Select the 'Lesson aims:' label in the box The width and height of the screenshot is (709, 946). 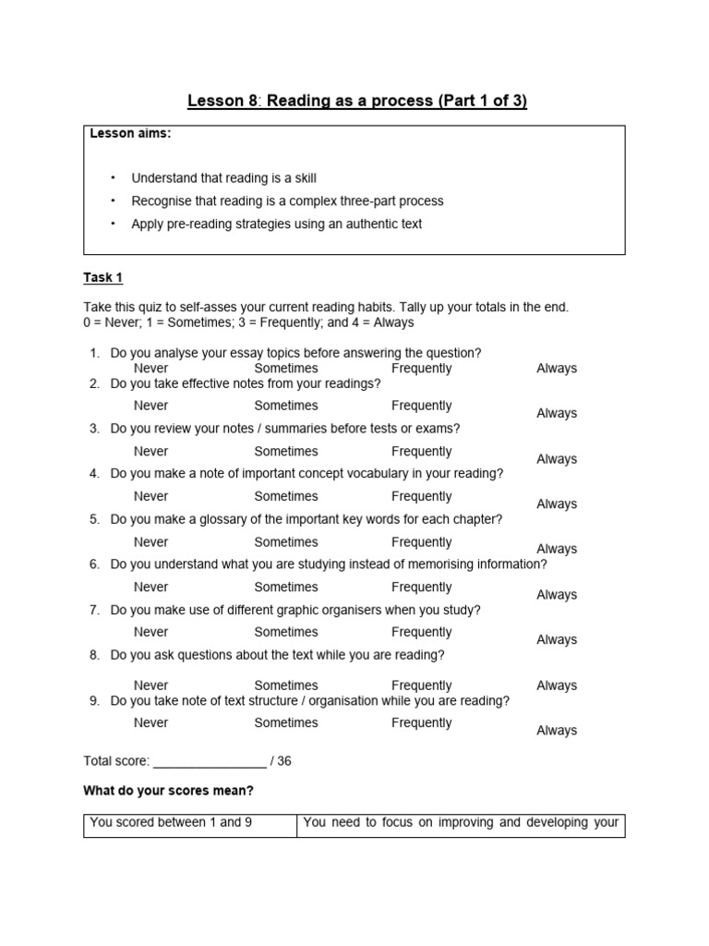click(x=130, y=134)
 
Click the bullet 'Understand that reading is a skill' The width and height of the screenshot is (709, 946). click(x=223, y=177)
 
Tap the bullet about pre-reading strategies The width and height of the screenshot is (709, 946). click(x=276, y=224)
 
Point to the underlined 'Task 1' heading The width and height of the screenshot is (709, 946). click(x=102, y=277)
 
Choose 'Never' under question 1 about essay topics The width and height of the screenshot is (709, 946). click(x=150, y=369)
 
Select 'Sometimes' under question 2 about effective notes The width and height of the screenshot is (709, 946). click(x=286, y=406)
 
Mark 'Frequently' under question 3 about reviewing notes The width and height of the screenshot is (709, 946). click(x=421, y=452)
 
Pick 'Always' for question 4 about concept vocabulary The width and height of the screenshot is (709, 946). click(x=557, y=504)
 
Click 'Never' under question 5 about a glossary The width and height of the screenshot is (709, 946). click(x=150, y=542)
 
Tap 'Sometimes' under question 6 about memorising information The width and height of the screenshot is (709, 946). click(x=286, y=588)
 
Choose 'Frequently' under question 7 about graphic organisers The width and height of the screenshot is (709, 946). click(x=421, y=633)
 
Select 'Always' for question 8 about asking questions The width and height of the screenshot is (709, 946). click(x=557, y=685)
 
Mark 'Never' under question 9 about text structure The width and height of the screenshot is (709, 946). click(x=150, y=723)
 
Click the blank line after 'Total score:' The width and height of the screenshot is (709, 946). click(x=210, y=762)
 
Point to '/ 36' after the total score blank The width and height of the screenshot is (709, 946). click(x=281, y=762)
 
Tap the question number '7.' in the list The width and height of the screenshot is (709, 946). click(x=94, y=611)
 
